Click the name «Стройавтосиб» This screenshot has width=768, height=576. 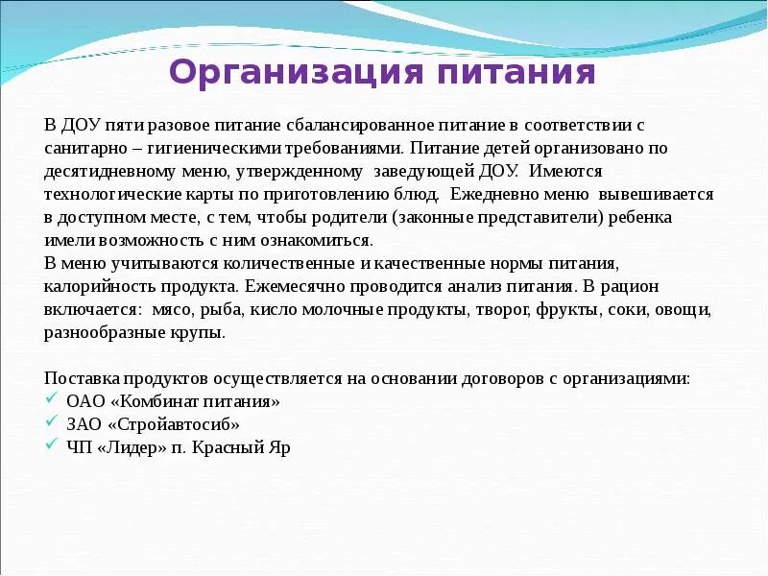173,424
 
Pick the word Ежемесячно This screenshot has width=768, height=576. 297,286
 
